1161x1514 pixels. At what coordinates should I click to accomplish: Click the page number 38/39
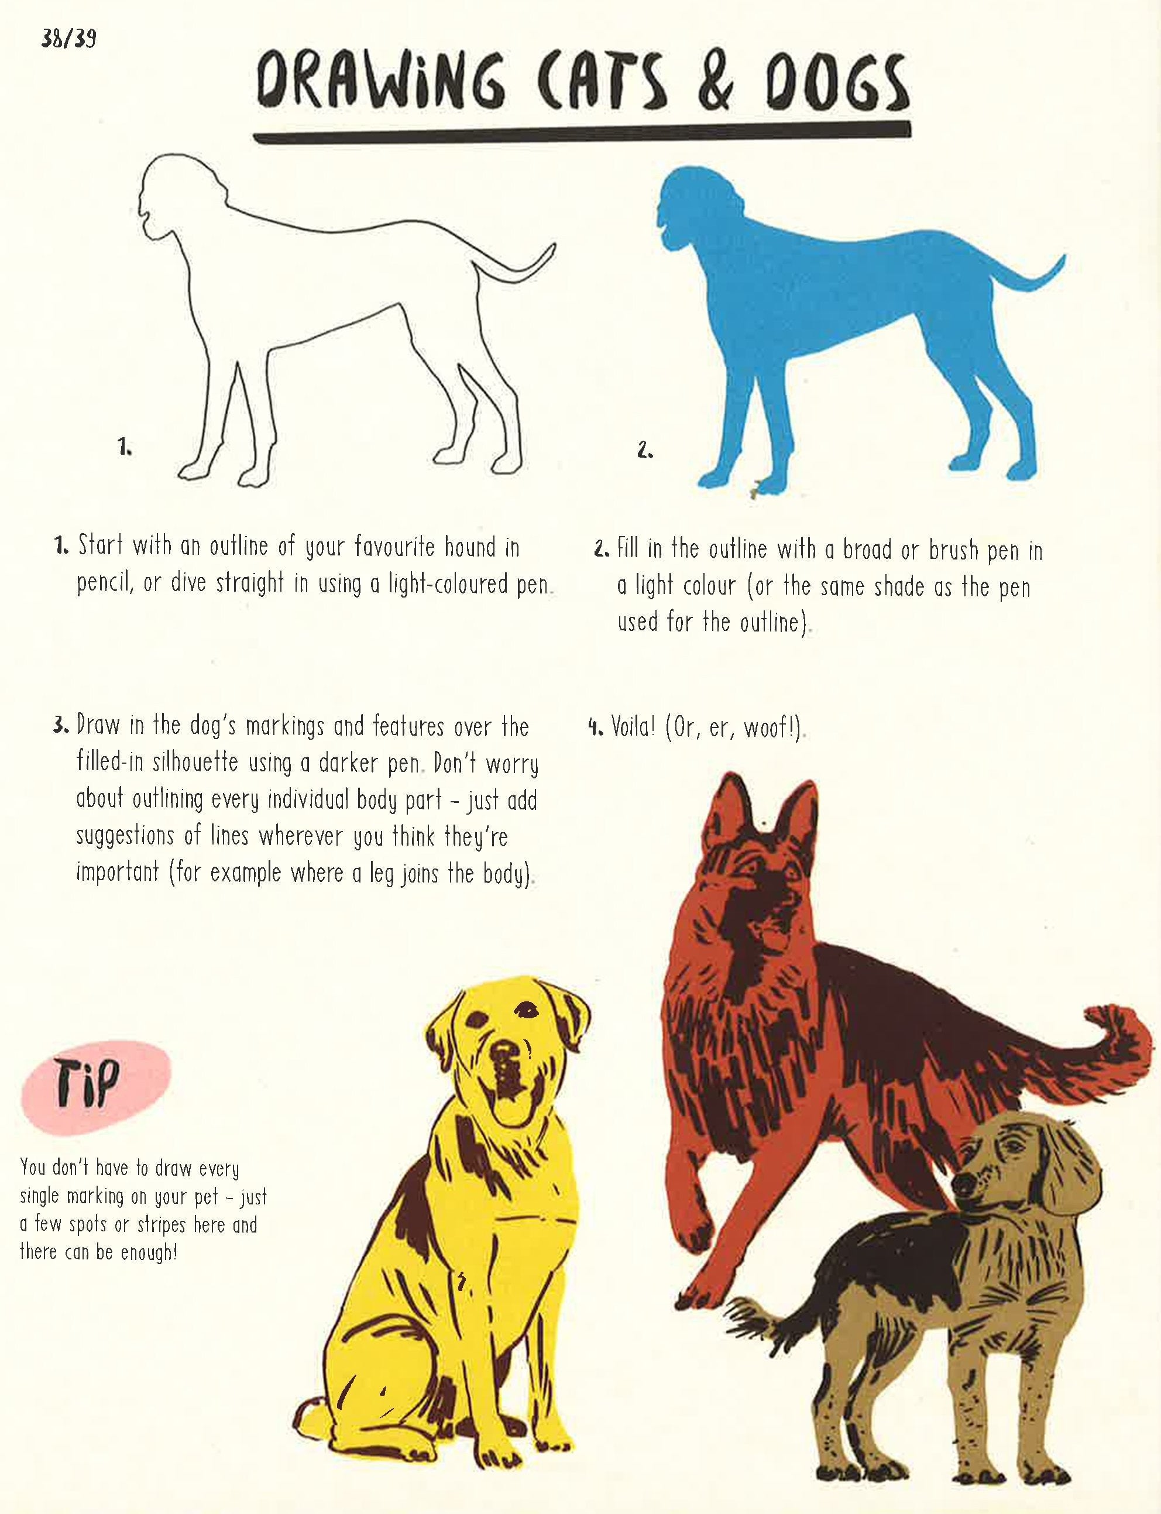pos(68,39)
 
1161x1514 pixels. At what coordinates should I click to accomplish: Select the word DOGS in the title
pos(837,87)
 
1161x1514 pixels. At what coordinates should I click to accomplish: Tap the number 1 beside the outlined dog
pos(125,448)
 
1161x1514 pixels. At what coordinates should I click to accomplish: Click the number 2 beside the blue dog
pos(645,451)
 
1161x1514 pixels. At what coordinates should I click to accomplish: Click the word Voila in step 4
pos(631,727)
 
